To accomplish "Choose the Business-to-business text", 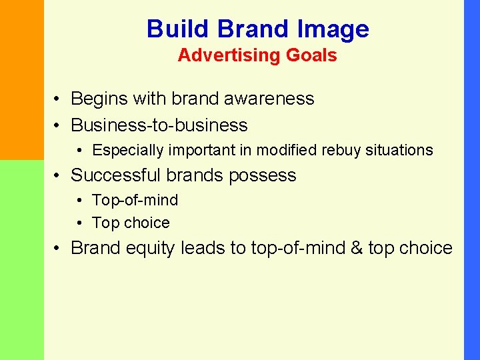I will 159,125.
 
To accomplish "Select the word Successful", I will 116,175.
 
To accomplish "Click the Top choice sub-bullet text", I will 131,223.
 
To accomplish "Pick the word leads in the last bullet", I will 203,249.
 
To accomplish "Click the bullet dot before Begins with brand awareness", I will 59,99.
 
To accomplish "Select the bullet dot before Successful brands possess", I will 59,176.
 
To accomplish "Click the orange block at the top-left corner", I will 21,80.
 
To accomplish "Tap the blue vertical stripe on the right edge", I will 471,180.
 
